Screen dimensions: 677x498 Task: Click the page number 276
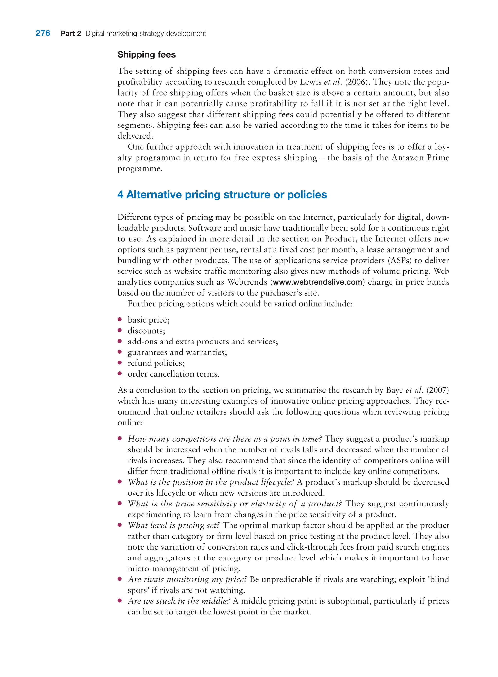[x=43, y=33]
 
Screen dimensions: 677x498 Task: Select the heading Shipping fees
[x=146, y=54]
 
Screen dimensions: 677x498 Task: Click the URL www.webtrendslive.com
[x=317, y=282]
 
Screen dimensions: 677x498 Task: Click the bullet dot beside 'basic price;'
[x=120, y=319]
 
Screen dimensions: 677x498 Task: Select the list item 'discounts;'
[x=146, y=331]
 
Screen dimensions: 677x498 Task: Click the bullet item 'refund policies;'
[x=156, y=363]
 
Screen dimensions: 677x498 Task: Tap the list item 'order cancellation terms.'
[x=173, y=374]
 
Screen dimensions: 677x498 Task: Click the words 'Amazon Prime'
[x=420, y=158]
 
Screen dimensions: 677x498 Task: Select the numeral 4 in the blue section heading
[x=120, y=195]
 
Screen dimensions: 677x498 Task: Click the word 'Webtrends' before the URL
[x=247, y=282]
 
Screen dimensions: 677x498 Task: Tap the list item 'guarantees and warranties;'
[x=177, y=352]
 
